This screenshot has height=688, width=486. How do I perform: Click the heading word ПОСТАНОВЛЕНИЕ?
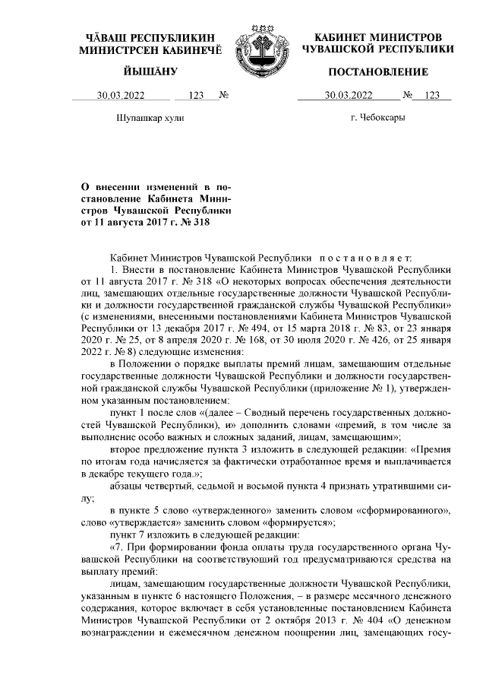[377, 72]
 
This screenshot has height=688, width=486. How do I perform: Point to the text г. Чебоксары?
[377, 119]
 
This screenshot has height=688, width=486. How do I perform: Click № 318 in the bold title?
[191, 222]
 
